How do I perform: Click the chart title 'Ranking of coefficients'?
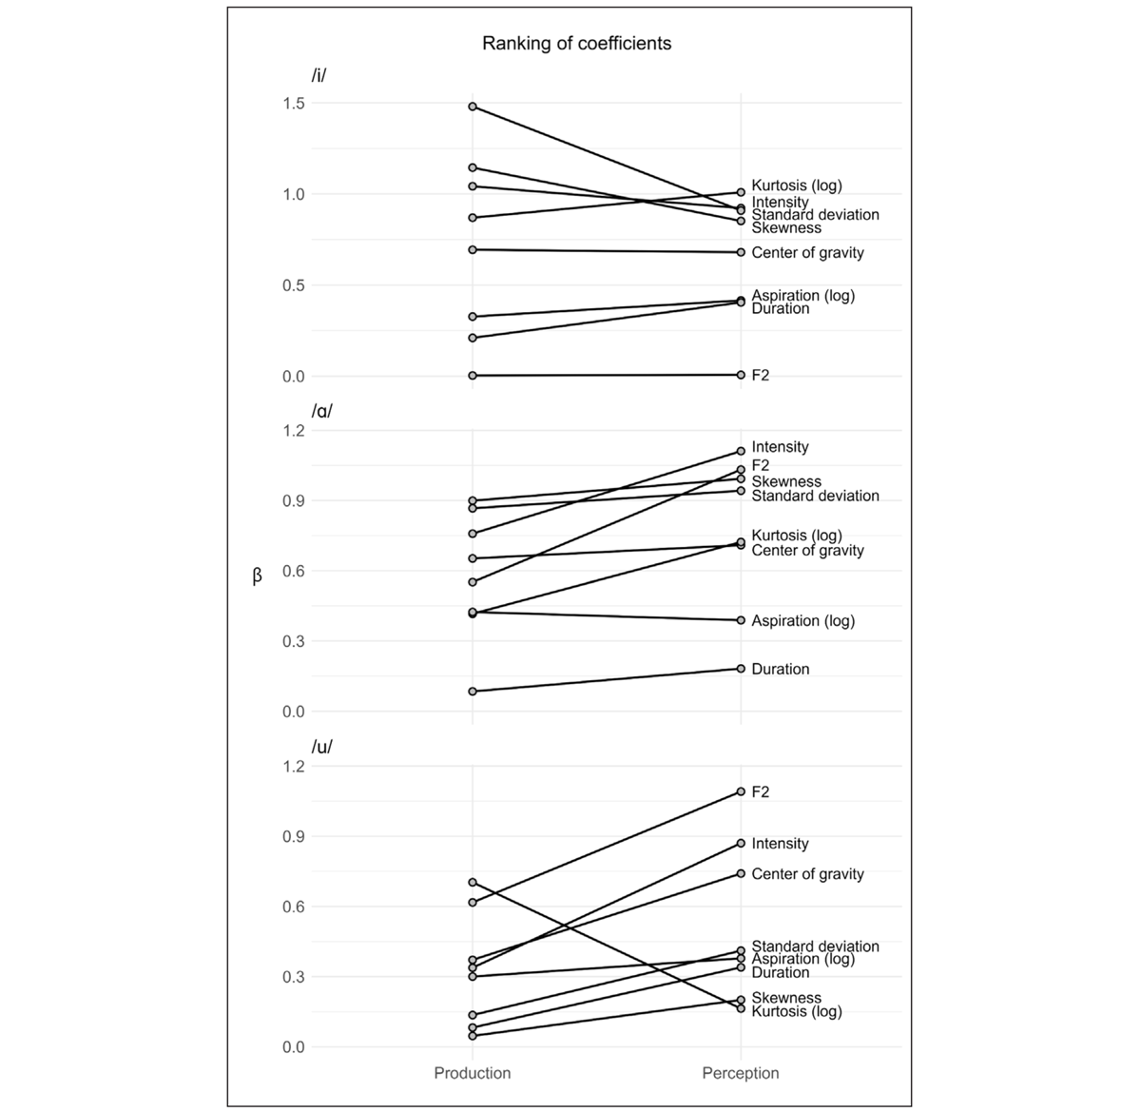[576, 44]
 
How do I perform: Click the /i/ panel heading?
[319, 76]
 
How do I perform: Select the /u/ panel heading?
[321, 747]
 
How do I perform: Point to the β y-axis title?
[257, 576]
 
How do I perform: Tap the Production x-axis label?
[472, 1073]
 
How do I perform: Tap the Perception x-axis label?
[740, 1073]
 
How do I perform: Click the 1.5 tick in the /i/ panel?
[293, 103]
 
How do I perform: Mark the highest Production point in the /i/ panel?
[473, 107]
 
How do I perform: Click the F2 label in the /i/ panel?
[761, 376]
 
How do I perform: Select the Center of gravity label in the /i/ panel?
[807, 253]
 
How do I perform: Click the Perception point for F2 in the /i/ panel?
[741, 375]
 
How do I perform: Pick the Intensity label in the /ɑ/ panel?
[780, 447]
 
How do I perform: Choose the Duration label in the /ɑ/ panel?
[780, 670]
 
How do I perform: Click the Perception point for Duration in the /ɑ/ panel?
[741, 669]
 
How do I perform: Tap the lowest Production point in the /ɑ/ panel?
[473, 692]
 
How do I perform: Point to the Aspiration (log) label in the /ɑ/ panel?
[803, 621]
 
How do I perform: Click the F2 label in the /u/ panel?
[761, 792]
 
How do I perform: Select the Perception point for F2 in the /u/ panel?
[741, 791]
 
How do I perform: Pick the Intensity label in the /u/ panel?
[780, 844]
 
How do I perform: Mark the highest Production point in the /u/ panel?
[473, 883]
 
